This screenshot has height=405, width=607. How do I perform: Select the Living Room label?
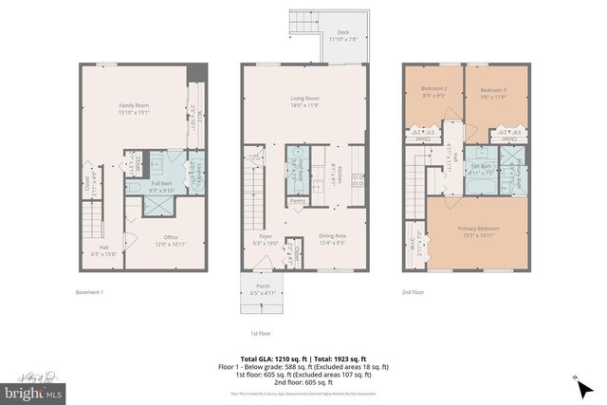click(x=303, y=101)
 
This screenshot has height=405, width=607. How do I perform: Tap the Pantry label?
click(x=298, y=201)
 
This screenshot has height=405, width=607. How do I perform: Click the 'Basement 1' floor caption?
click(x=89, y=292)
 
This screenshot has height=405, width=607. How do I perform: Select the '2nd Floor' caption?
click(x=414, y=292)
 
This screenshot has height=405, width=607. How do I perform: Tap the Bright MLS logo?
click(x=33, y=389)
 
